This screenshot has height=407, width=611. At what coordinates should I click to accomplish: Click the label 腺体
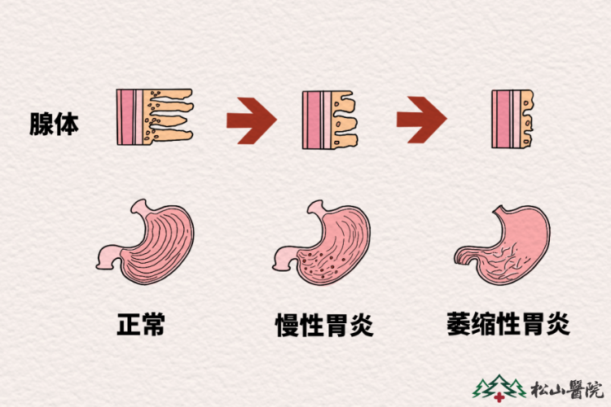pos(54,125)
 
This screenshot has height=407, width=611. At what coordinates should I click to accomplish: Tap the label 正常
pos(141,324)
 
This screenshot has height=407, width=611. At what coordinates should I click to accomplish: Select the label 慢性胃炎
pos(324,325)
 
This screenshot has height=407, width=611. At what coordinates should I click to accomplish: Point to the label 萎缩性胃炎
pos(508,324)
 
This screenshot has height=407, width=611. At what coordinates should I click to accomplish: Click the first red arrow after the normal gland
pos(252,120)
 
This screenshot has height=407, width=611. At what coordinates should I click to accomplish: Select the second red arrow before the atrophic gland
pos(422,120)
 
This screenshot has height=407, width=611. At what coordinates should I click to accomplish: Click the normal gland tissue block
pos(155,117)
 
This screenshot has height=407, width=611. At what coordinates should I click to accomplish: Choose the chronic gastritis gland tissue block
pos(330,120)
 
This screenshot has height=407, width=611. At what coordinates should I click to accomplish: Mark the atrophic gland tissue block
pos(512,119)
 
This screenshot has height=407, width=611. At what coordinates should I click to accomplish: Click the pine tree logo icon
pos(499,387)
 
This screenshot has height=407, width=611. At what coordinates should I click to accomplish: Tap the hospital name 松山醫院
pos(567,389)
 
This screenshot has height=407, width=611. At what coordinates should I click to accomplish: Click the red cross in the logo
pos(499,398)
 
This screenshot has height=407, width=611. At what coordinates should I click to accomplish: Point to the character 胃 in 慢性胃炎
pos(337,325)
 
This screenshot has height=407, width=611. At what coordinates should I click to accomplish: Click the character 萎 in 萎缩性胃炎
pos(459,324)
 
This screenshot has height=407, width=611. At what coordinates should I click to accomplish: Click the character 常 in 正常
pos(153,324)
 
